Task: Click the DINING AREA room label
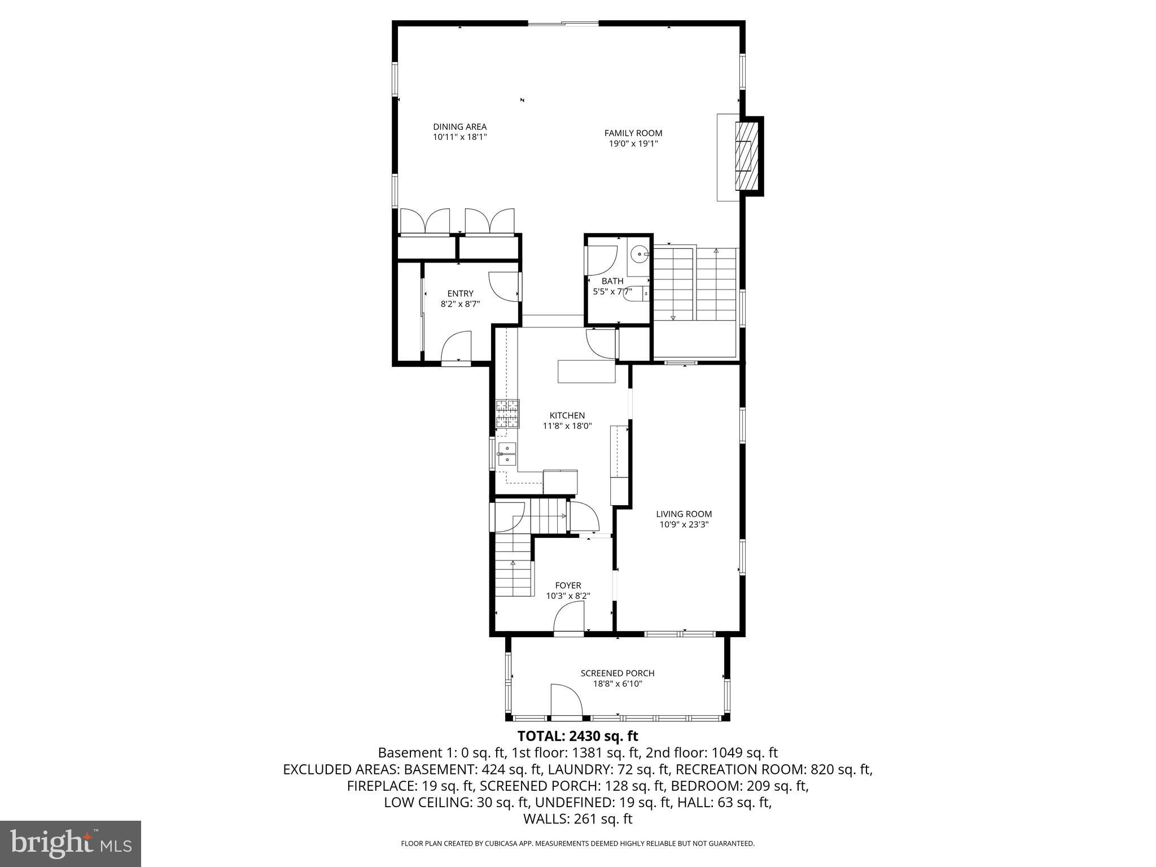459,127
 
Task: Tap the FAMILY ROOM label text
633,133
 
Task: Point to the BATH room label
612,281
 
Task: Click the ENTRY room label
460,294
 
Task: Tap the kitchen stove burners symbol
507,413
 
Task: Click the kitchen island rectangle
586,371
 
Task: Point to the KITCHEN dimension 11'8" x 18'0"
567,426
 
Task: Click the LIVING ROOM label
684,514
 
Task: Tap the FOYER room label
568,585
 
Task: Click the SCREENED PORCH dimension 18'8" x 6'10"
618,684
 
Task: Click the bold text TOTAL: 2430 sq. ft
577,736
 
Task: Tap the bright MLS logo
71,843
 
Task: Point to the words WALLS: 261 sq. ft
577,819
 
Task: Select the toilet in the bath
638,294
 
